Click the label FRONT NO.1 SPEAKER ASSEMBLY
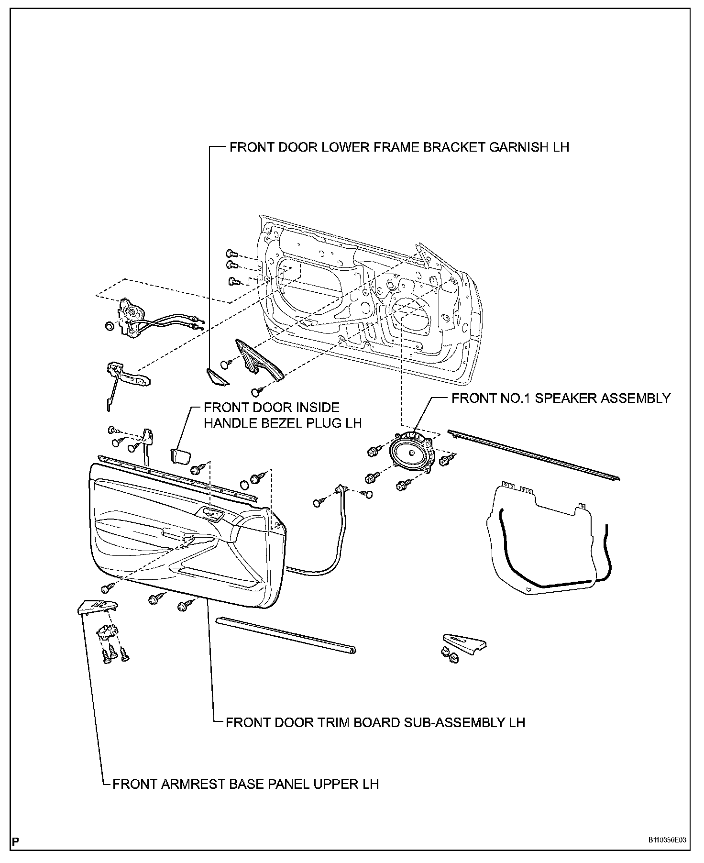561,398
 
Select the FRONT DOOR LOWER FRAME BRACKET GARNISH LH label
399,147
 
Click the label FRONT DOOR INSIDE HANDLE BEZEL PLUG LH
282,415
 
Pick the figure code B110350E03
667,840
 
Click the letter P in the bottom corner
16,841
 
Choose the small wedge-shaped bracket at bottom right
464,642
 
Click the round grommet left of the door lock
109,326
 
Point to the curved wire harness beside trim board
330,550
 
